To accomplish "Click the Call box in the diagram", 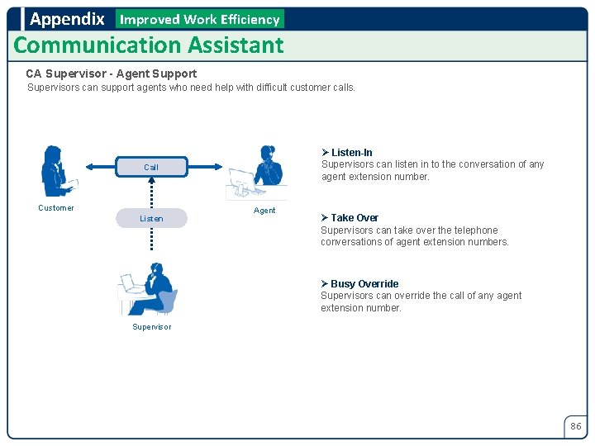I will pyautogui.click(x=150, y=167).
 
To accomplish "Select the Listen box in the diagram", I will pyautogui.click(x=150, y=218).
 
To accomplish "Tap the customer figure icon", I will pyautogui.click(x=57, y=171).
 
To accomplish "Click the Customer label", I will pyautogui.click(x=56, y=208).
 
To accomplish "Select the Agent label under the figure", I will pyautogui.click(x=264, y=211).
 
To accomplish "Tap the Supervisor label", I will pyautogui.click(x=152, y=327).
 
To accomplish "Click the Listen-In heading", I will pyautogui.click(x=351, y=153).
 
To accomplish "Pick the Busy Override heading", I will pyautogui.click(x=364, y=284).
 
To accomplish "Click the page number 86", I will pyautogui.click(x=575, y=426).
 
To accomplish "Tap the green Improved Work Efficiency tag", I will pyautogui.click(x=199, y=19).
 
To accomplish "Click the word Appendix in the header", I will pyautogui.click(x=67, y=18).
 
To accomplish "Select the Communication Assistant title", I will pyautogui.click(x=149, y=45).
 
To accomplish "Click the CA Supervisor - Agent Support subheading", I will pyautogui.click(x=112, y=74).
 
